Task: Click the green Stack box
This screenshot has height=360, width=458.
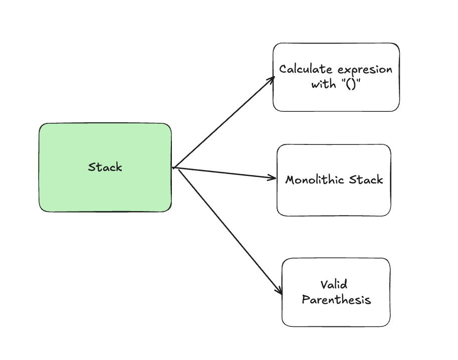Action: tap(105, 167)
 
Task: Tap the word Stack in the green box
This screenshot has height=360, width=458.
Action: tap(105, 167)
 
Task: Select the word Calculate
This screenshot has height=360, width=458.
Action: tap(306, 69)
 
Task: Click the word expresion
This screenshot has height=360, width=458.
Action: tap(365, 70)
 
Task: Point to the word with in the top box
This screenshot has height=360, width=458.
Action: tap(323, 84)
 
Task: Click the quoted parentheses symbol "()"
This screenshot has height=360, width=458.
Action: tap(351, 84)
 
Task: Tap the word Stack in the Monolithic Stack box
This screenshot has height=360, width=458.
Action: tap(366, 179)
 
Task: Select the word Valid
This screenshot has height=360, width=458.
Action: tap(334, 284)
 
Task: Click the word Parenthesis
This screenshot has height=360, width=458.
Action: tap(336, 300)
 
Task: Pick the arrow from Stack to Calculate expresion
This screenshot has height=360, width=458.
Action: tap(223, 122)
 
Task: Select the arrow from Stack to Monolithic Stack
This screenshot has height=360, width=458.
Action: tap(224, 173)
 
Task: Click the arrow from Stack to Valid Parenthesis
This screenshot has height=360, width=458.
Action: tap(230, 232)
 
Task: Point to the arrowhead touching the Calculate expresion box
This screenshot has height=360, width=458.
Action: tap(272, 80)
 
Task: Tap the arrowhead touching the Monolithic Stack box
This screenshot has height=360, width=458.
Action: tap(272, 177)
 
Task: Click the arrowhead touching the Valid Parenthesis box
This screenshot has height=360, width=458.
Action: tap(279, 291)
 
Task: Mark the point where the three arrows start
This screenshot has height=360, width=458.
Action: tap(173, 168)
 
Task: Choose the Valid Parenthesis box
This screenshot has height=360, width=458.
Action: tap(336, 292)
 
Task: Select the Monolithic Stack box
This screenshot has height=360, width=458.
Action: tap(334, 180)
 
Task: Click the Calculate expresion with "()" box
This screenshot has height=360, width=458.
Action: tap(336, 77)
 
